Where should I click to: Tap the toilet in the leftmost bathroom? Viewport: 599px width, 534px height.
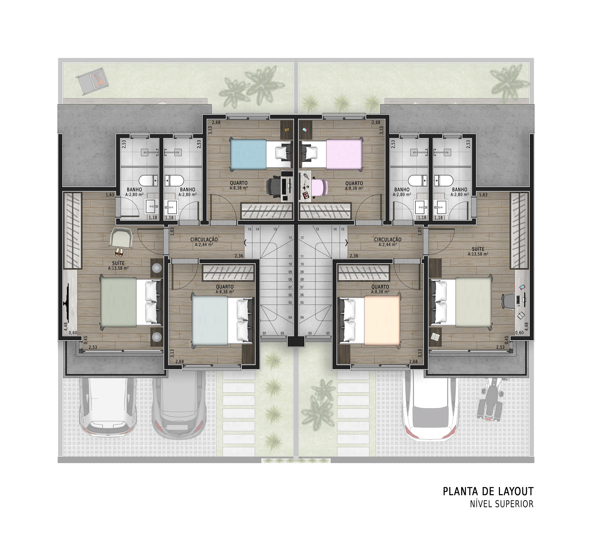(x=148, y=181)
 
